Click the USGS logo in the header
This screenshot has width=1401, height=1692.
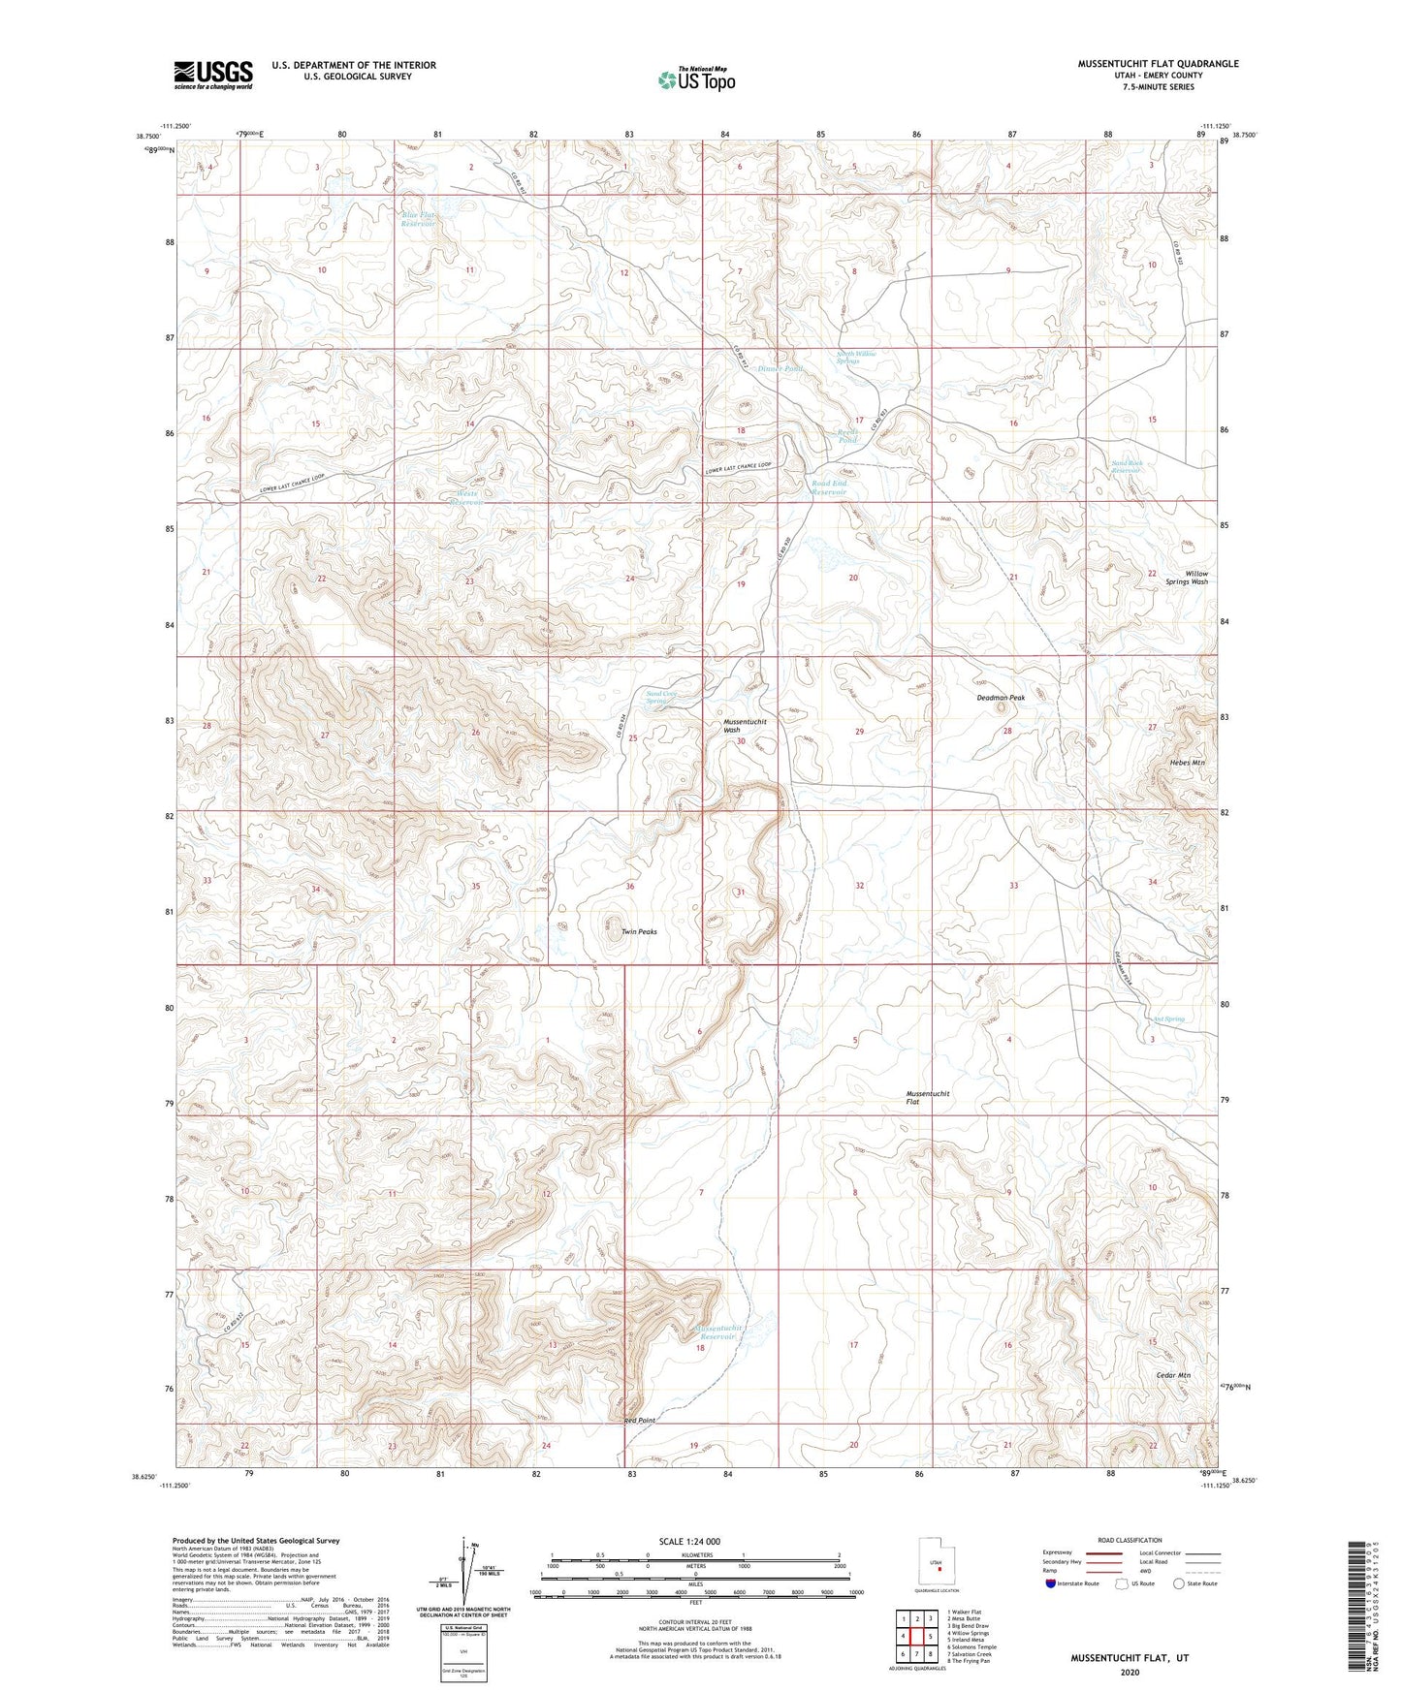[212, 75]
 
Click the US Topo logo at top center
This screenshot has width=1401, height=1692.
[696, 78]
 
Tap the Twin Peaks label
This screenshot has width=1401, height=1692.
[639, 931]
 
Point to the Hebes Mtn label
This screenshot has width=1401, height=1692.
[1187, 763]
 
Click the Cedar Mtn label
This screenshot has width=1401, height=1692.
[1173, 1375]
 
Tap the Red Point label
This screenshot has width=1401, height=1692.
[640, 1420]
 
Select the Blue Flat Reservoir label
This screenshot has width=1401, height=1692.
[419, 219]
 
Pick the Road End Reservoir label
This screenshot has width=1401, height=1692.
[829, 487]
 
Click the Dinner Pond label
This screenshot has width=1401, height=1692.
[780, 369]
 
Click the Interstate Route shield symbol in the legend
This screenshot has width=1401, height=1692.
[1051, 1583]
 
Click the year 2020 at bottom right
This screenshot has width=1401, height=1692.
[1129, 1672]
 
